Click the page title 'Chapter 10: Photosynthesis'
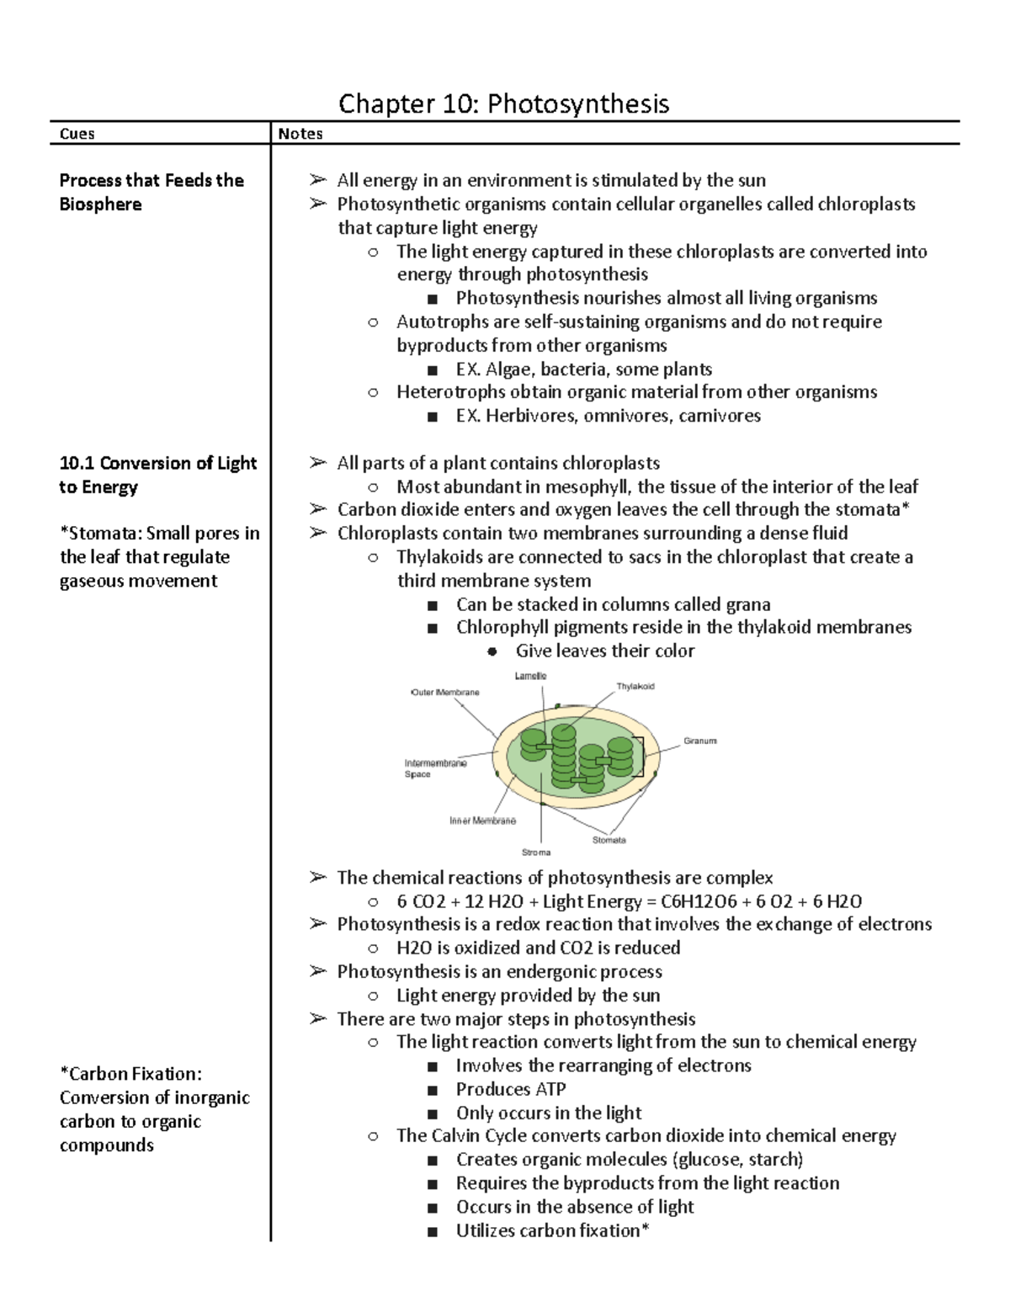[503, 104]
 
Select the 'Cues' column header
[77, 134]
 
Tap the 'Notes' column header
[300, 134]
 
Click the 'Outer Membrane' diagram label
[445, 693]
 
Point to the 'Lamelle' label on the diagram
[530, 676]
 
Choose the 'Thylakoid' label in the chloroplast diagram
[635, 687]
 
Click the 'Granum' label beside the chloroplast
[699, 741]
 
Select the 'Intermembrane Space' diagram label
[435, 768]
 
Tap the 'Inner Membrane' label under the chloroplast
[482, 821]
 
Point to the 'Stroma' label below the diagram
[536, 853]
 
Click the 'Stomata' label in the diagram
[609, 840]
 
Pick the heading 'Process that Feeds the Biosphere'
[151, 192]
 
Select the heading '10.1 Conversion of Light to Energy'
[157, 475]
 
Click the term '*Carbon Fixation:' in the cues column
[130, 1074]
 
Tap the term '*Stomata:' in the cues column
[99, 534]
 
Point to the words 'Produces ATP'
[511, 1089]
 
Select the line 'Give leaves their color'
[605, 651]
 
